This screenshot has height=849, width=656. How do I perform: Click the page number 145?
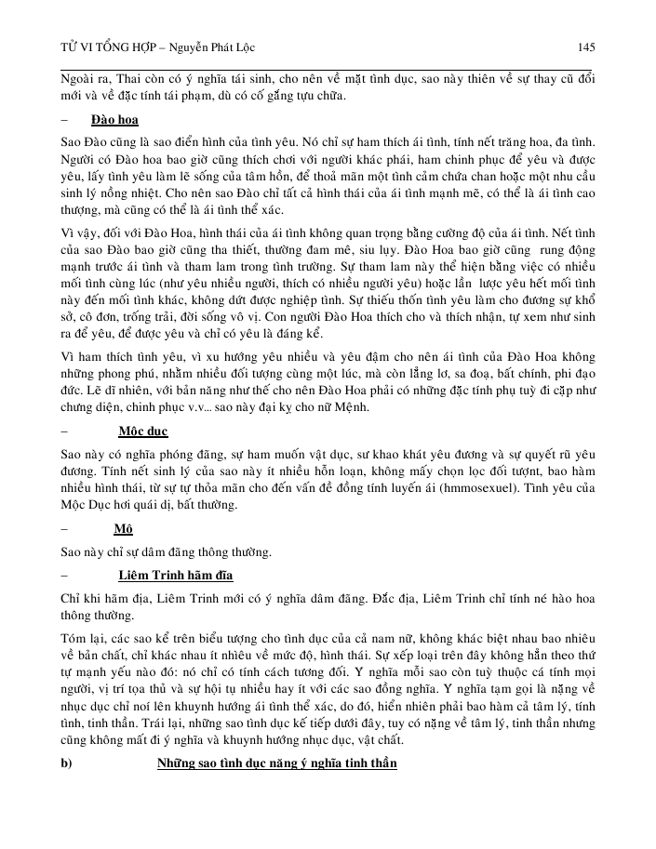coord(586,47)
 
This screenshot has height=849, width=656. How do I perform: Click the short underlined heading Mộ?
coord(124,529)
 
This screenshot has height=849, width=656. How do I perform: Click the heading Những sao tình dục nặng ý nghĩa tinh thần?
coord(276,763)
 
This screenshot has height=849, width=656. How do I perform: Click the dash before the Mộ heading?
coord(63,529)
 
